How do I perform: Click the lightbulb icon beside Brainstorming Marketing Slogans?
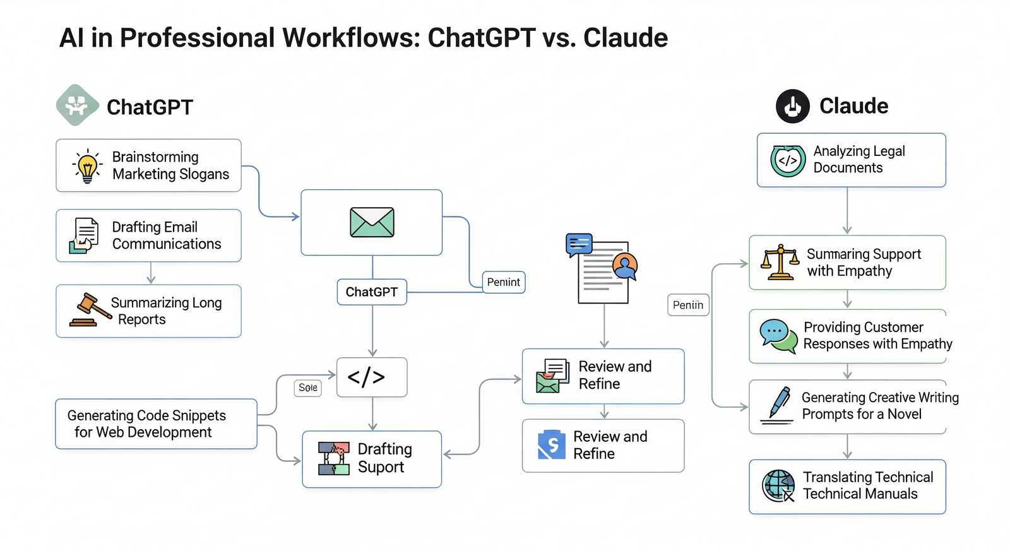pyautogui.click(x=87, y=166)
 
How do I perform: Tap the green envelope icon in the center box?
pyautogui.click(x=372, y=222)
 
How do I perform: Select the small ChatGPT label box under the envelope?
pyautogui.click(x=372, y=292)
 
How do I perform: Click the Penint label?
pyautogui.click(x=504, y=282)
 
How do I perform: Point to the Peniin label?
pyautogui.click(x=688, y=305)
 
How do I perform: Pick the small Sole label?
pyautogui.click(x=308, y=388)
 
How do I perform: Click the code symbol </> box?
pyautogui.click(x=372, y=377)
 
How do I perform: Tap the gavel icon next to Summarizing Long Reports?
pyautogui.click(x=89, y=310)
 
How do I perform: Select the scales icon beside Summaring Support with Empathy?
pyautogui.click(x=780, y=262)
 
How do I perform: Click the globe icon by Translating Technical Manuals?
pyautogui.click(x=778, y=486)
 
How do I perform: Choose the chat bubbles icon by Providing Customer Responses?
pyautogui.click(x=778, y=336)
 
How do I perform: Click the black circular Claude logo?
pyautogui.click(x=793, y=106)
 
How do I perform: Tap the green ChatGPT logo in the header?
pyautogui.click(x=77, y=105)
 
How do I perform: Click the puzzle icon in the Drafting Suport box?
pyautogui.click(x=334, y=458)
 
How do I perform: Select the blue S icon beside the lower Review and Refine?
pyautogui.click(x=552, y=445)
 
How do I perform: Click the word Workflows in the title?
pyautogui.click(x=350, y=38)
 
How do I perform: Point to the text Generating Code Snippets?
pyautogui.click(x=146, y=415)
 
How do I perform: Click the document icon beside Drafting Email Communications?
pyautogui.click(x=85, y=235)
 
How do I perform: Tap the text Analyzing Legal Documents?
pyautogui.click(x=858, y=160)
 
